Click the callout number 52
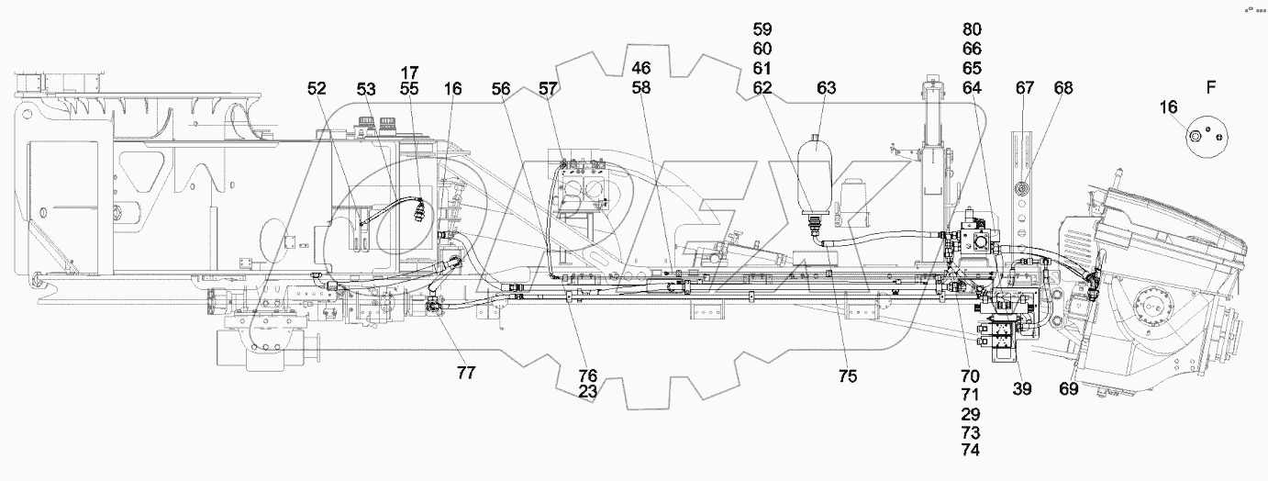[317, 89]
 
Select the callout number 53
[366, 89]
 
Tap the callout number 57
[548, 89]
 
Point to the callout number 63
[827, 89]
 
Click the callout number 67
[1025, 88]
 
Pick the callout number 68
[1062, 88]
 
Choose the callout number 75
[847, 375]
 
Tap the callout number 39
[1022, 389]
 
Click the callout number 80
[972, 30]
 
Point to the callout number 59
[762, 30]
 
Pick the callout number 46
[640, 68]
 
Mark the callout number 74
[971, 450]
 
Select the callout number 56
[500, 89]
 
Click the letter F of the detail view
[1211, 88]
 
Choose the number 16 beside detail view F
[1167, 107]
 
